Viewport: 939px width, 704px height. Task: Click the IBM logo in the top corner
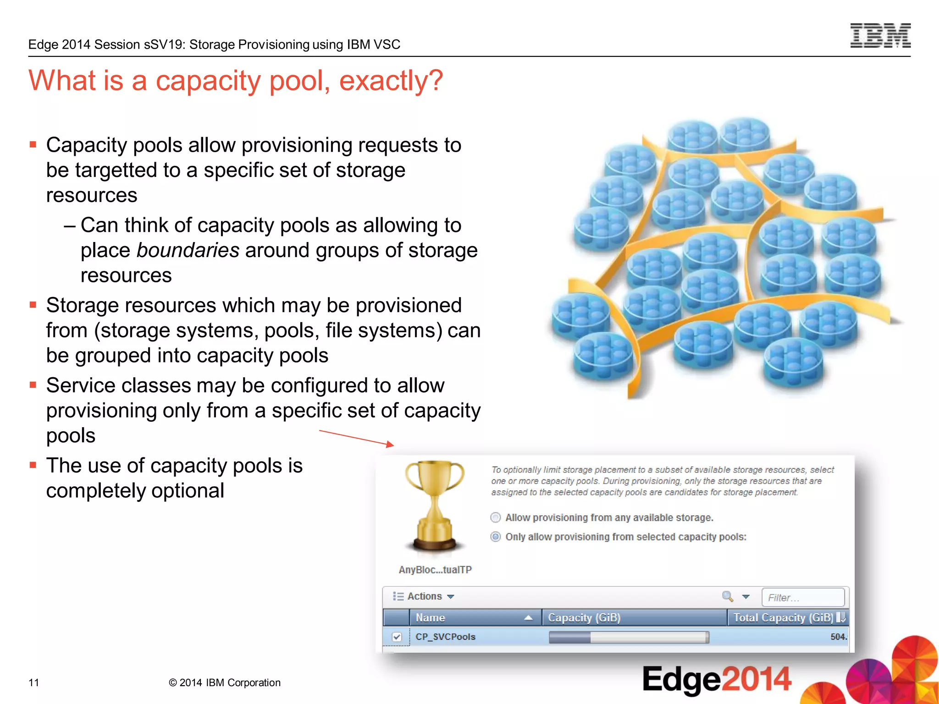tap(880, 36)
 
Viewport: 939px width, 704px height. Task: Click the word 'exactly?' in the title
tap(391, 81)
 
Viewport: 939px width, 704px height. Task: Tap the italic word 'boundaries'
tap(188, 250)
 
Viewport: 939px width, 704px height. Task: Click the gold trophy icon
tap(435, 504)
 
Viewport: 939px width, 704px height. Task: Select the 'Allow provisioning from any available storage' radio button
tap(495, 517)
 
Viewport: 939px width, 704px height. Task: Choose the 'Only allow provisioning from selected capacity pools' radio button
tap(495, 537)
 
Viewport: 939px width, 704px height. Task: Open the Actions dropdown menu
tap(424, 596)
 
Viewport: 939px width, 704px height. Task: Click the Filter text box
tap(802, 597)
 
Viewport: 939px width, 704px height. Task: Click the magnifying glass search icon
tap(727, 596)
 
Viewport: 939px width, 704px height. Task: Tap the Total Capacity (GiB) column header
tap(783, 617)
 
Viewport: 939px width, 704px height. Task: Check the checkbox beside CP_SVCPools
tap(397, 637)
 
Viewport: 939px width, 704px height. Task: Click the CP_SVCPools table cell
tap(445, 637)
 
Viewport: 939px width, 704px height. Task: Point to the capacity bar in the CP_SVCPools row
tap(629, 637)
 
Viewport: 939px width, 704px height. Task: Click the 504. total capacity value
tap(838, 637)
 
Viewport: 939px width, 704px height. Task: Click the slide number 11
tap(34, 682)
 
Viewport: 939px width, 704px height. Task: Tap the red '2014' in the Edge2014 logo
tap(756, 679)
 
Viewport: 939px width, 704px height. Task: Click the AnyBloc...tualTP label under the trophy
tap(435, 570)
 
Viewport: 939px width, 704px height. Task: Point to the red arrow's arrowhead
tap(390, 444)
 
